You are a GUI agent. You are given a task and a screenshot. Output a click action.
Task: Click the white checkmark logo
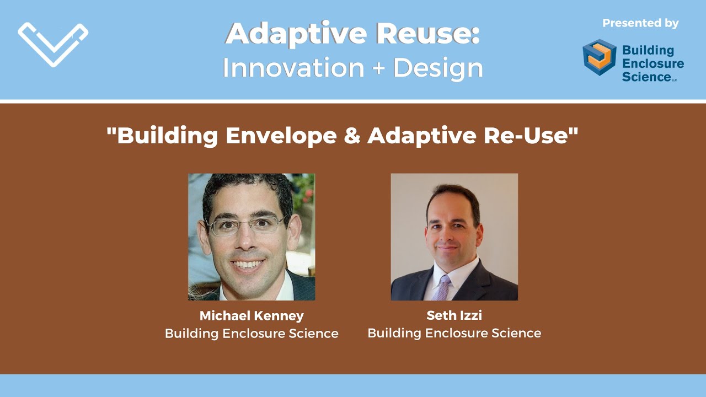point(53,44)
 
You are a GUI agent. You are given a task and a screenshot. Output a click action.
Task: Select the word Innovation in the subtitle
point(293,68)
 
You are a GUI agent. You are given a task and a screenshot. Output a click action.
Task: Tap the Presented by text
point(640,23)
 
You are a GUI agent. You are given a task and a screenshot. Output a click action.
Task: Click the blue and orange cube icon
point(599,57)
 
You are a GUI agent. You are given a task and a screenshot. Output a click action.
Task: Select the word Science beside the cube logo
point(646,77)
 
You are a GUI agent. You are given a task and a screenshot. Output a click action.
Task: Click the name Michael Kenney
point(252,316)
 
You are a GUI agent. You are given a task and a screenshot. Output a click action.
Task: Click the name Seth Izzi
point(454,316)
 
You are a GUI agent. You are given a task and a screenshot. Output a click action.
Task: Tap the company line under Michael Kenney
point(252,333)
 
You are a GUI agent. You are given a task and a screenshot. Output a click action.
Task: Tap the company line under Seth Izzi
point(454,333)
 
